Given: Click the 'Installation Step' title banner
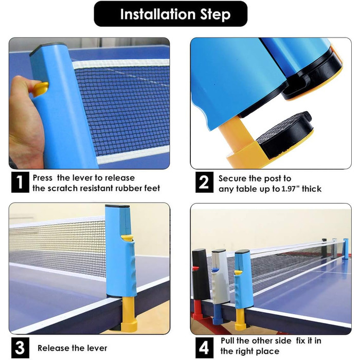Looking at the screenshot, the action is coord(171,14).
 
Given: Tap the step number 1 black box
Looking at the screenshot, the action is coord(20,182).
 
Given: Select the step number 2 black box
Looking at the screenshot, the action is coord(204,182).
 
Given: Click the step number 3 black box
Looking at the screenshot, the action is coord(20,348).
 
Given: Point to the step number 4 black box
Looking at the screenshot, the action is coord(204,348).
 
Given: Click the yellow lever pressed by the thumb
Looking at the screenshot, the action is coord(41,88).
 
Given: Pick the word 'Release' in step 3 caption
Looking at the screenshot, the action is coord(53,348).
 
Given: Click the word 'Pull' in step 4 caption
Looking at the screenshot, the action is coord(227,340).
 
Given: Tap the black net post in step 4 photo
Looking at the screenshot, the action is coord(201,273).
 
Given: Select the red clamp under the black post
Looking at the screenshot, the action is coord(198,308).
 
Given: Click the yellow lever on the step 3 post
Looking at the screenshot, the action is coord(127,238).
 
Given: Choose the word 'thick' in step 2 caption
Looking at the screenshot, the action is coord(312,189).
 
